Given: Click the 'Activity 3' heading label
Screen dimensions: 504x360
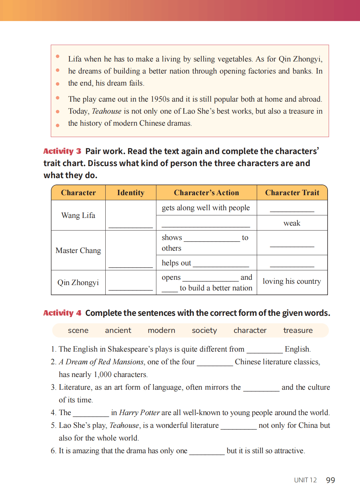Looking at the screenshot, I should pos(62,151).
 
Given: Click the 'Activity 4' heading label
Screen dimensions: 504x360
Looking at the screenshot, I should pos(62,313).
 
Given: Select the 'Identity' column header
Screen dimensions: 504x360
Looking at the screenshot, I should pos(131,193).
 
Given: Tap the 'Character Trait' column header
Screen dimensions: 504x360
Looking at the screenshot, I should pos(292,193).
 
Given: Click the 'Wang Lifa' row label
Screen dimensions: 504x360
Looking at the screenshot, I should pos(78,215).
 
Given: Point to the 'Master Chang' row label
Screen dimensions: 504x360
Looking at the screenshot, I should pos(78,250).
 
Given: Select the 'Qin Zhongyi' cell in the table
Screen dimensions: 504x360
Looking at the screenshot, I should pos(78,282).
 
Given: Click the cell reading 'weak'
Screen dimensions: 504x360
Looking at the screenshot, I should pos(292,223).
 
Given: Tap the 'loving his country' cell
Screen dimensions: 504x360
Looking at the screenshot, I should pos(291,281).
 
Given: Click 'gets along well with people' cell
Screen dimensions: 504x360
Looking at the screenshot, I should pos(206,208).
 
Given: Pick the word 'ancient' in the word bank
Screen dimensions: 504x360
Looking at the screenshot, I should pos(118,330).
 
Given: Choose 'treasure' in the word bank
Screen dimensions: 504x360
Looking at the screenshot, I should pos(298,330).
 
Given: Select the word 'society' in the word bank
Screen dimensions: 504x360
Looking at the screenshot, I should pos(204,330).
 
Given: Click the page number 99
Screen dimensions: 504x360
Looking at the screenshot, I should pos(330,480).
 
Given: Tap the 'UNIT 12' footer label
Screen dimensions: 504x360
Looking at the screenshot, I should pos(305,480).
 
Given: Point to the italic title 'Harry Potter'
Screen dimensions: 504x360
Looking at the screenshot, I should pos(139,412).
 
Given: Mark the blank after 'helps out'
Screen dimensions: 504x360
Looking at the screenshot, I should pos(221,264).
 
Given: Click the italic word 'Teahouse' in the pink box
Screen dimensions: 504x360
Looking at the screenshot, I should pos(107,111).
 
